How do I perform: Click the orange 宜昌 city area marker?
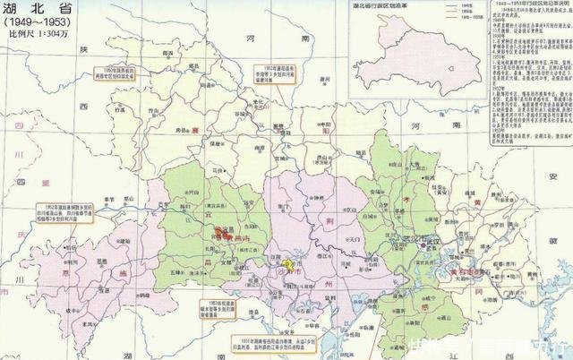[x=218, y=230]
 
